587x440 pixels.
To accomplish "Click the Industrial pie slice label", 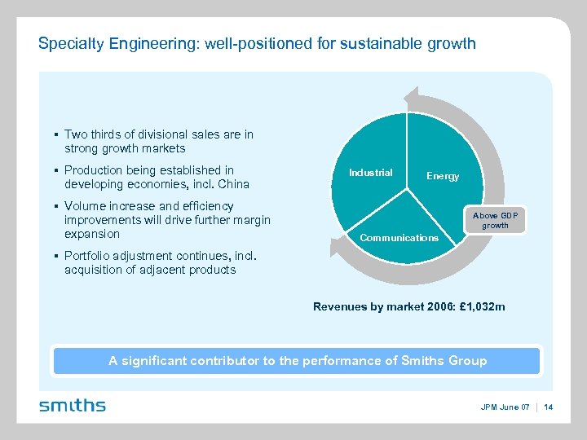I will click(370, 172).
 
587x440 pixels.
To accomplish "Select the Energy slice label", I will click(443, 176).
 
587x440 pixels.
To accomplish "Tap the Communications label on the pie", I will click(399, 238).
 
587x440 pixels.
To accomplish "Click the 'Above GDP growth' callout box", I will click(495, 220).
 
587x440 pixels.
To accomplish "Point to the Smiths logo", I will click(73, 405).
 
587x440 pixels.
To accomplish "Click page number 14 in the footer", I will click(548, 407).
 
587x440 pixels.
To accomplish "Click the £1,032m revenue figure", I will click(483, 306).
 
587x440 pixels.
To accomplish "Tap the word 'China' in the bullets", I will click(232, 184).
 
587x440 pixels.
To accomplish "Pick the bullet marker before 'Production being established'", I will click(53, 170).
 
